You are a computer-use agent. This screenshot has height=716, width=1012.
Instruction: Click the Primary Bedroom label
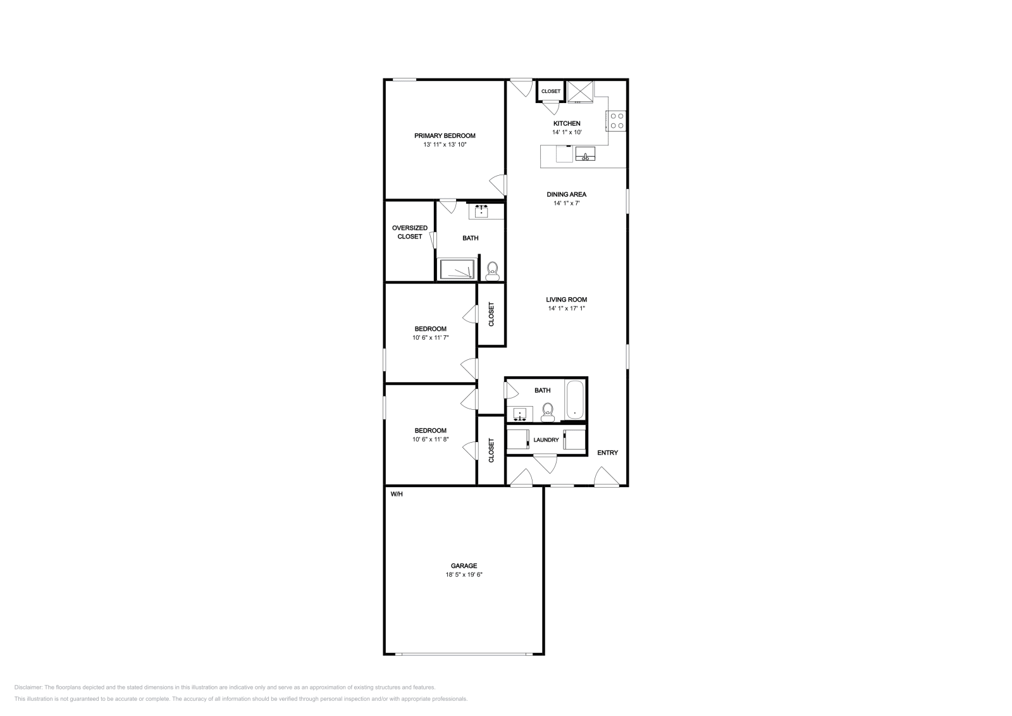coord(445,135)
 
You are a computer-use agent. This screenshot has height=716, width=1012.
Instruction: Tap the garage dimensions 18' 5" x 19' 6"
coord(464,575)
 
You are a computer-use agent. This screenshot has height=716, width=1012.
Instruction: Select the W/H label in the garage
coord(397,494)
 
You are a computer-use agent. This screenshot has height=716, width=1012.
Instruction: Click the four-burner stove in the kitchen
coord(617,120)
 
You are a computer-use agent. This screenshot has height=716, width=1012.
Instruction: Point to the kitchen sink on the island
coord(585,154)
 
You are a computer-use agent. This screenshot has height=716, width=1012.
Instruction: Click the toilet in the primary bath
coord(493,271)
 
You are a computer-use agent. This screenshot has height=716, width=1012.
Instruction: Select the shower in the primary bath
coord(457,269)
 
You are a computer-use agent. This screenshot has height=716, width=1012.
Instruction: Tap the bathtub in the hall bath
coord(575,400)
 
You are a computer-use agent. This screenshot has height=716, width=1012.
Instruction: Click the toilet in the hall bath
coord(548,412)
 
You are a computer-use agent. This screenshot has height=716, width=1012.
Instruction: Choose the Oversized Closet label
coord(409,232)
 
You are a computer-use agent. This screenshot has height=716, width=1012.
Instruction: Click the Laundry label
coord(546,440)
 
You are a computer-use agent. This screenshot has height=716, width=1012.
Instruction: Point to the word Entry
coord(607,452)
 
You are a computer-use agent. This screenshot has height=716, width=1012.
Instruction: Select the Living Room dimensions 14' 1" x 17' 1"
coord(567,309)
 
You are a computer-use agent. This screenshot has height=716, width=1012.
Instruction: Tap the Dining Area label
coord(567,194)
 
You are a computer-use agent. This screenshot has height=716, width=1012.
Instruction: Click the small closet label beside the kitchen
coord(550,91)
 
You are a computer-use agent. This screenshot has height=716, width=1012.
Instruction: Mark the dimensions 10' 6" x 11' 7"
coord(430,338)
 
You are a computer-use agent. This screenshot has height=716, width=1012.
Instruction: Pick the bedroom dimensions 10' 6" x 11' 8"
coord(430,439)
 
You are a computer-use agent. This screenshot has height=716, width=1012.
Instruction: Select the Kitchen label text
coord(567,123)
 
